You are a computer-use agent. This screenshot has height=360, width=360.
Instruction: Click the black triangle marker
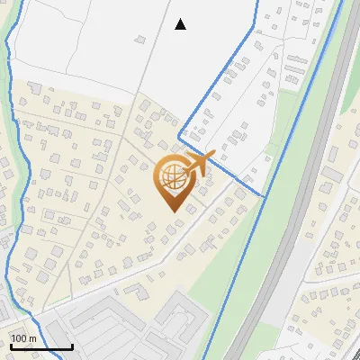coord(181,24)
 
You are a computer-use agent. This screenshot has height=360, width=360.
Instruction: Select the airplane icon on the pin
coord(201,163)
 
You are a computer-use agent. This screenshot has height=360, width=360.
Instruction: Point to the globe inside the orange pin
coord(170,176)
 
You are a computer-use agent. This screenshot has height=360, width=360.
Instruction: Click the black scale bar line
coord(40,346)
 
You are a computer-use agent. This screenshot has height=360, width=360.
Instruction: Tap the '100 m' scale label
coord(23,338)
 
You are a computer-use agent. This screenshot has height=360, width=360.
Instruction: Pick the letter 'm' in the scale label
coord(32,338)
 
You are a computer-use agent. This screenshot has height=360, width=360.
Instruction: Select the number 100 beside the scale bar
coord(19,338)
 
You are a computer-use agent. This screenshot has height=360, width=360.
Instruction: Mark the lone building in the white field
coord(140,39)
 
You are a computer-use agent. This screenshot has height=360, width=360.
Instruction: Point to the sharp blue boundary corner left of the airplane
coord(180,139)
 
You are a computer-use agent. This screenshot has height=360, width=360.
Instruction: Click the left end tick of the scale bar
coord(10,346)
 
